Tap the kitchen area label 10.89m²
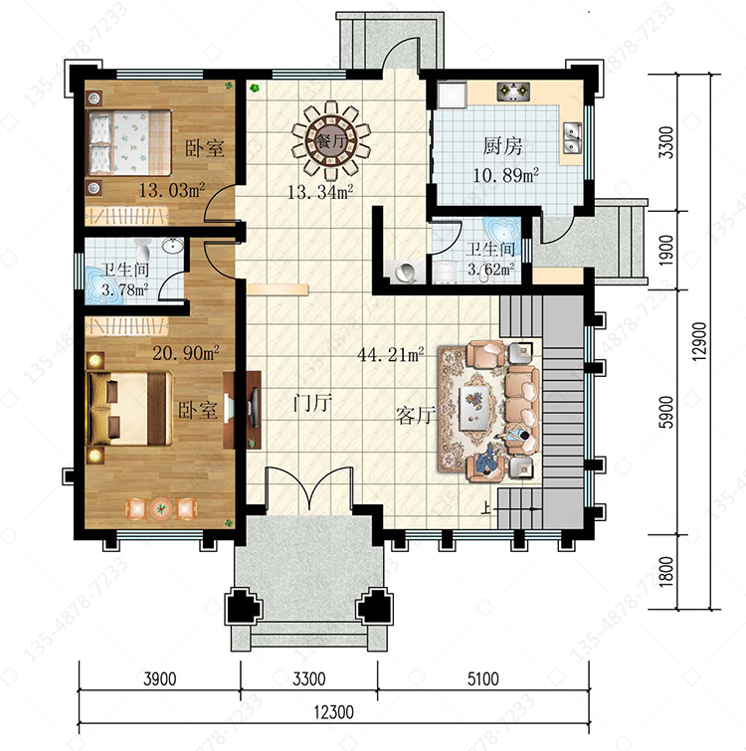[x=505, y=175]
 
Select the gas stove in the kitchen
[x=514, y=91]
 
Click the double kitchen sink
[x=572, y=137]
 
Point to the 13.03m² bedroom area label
[x=172, y=190]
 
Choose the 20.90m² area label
[x=186, y=353]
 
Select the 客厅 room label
[x=416, y=415]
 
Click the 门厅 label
[x=312, y=403]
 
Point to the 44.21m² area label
[x=391, y=354]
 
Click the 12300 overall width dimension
[x=334, y=712]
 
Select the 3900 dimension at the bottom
[x=160, y=678]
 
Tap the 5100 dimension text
[x=483, y=678]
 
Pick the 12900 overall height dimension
[x=699, y=341]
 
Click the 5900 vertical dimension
[x=666, y=412]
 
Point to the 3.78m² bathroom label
[x=124, y=289]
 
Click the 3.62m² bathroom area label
[x=491, y=270]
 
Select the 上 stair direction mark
[x=486, y=507]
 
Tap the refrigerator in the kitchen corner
[x=452, y=94]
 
